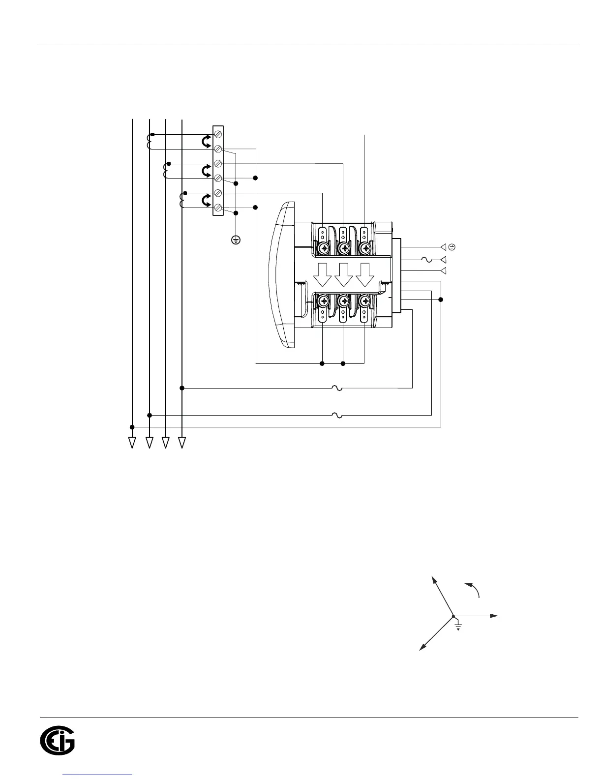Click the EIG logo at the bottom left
pyautogui.click(x=57, y=742)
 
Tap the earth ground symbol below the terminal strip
pyautogui.click(x=236, y=240)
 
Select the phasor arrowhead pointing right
pyautogui.click(x=494, y=615)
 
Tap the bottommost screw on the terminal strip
pyautogui.click(x=218, y=208)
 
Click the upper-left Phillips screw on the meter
pyautogui.click(x=324, y=249)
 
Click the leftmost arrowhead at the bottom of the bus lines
pyautogui.click(x=132, y=443)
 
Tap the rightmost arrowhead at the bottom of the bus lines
pyautogui.click(x=182, y=443)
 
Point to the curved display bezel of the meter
pyautogui.click(x=281, y=275)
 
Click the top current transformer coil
pyautogui.click(x=149, y=142)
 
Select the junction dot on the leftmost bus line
pyautogui.click(x=132, y=427)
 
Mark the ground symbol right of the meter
pyautogui.click(x=451, y=247)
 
